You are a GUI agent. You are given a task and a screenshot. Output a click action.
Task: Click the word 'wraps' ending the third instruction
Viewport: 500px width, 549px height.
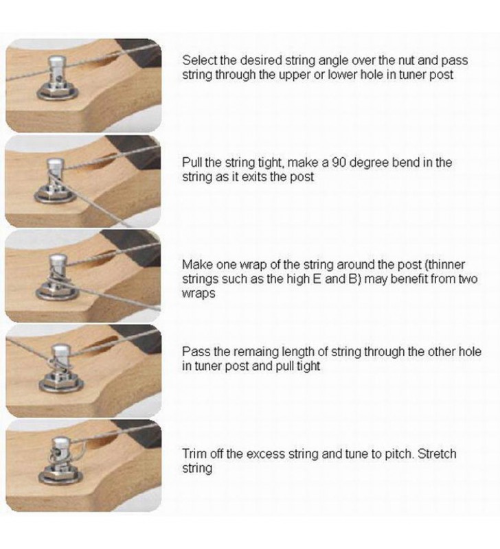198,294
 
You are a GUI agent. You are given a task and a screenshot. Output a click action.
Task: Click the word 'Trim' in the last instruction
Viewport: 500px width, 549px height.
194,454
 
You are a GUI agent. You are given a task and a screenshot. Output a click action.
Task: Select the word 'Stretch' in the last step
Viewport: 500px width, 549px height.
437,454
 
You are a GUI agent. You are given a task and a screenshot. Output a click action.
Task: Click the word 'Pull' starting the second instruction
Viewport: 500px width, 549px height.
192,163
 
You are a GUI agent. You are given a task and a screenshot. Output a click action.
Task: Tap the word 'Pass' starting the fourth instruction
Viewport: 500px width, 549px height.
195,351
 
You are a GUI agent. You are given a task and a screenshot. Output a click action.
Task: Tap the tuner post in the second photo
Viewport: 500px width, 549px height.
55,178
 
